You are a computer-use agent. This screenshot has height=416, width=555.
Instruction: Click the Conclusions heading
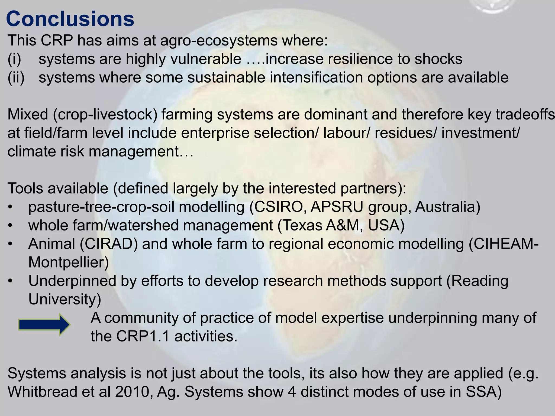coord(70,19)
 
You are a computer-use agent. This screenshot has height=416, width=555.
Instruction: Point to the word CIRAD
coord(108,244)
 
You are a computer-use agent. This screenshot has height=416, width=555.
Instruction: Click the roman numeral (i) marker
coord(14,59)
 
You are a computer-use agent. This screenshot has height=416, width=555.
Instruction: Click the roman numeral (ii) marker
coord(16,78)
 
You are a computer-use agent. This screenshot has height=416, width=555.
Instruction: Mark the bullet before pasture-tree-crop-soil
coord(10,208)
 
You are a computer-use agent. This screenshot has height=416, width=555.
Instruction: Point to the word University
coord(64,299)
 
